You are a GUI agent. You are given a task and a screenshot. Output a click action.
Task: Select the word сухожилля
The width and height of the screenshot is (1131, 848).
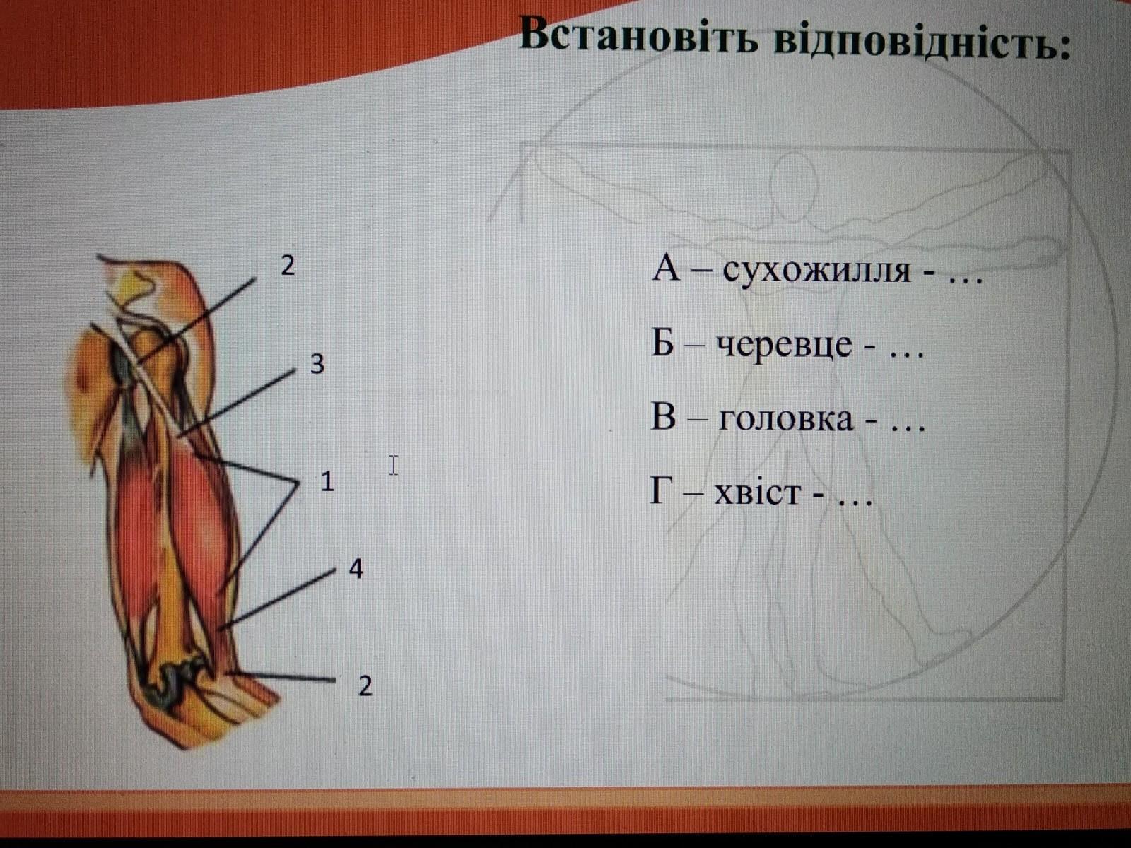tap(816, 271)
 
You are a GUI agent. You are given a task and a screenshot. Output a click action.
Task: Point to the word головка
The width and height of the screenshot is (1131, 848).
tap(786, 418)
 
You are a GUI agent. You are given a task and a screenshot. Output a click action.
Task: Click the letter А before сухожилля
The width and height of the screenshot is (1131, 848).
tap(666, 269)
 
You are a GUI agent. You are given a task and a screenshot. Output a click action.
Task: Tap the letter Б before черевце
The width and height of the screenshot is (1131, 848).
tap(662, 343)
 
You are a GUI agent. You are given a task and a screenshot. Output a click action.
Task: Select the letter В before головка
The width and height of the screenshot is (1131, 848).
tap(663, 417)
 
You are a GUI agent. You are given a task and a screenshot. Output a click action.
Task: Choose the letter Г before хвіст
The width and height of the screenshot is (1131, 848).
tap(660, 490)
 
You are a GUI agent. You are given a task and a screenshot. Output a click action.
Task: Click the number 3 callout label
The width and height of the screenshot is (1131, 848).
tap(317, 364)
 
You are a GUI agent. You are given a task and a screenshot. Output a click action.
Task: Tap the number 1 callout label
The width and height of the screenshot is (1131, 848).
tap(327, 482)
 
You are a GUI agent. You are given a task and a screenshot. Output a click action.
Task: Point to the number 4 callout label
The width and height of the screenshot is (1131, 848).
tap(356, 570)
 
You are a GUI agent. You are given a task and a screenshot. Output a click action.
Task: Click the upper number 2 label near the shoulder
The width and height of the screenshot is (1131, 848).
tap(288, 266)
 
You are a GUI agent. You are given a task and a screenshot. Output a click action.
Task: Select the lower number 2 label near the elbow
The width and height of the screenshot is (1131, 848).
tap(365, 686)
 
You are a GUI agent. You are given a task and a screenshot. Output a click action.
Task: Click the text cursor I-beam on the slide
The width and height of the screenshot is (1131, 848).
tap(394, 466)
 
